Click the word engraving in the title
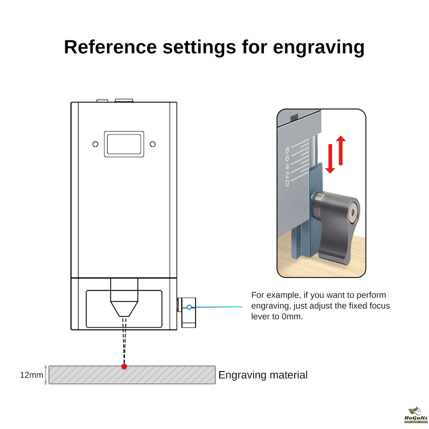(x=319, y=47)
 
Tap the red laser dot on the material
(x=124, y=366)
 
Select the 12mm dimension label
(x=31, y=375)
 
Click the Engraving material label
(x=263, y=375)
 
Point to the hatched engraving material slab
(x=172, y=375)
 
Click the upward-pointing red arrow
(x=341, y=150)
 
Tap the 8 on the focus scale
(x=287, y=150)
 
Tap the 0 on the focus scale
(x=287, y=183)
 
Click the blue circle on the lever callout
(x=189, y=307)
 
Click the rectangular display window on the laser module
(x=124, y=143)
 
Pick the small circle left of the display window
(x=96, y=144)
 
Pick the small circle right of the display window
(x=152, y=144)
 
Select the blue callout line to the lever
(x=219, y=307)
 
